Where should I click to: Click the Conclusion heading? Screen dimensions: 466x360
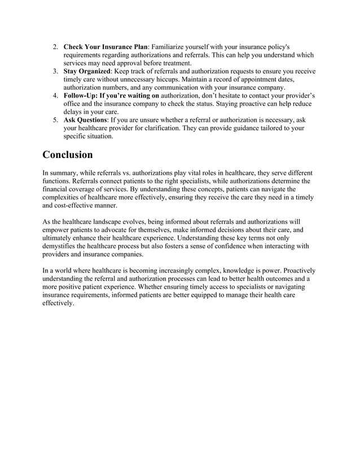click(x=68, y=154)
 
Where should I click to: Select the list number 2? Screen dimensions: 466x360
click(x=55, y=46)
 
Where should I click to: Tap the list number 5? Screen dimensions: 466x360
click(x=55, y=120)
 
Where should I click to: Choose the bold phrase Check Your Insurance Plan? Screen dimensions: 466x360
click(x=105, y=46)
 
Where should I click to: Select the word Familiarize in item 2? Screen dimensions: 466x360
click(x=171, y=46)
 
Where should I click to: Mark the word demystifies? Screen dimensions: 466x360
click(x=64, y=247)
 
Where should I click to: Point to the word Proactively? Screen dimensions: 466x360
click(x=297, y=271)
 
